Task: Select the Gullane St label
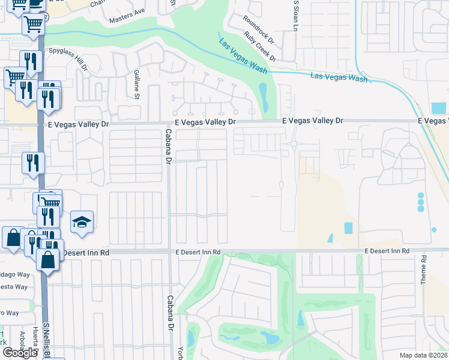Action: coord(137,84)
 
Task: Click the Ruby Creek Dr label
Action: coord(260,47)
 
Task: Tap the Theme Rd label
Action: coord(423,269)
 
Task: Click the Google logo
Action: coord(20,353)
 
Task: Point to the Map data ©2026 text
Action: coord(423,355)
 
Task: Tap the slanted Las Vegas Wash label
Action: coord(243,56)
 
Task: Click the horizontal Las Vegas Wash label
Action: coord(339,77)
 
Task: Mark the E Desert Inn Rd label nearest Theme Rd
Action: coord(387,250)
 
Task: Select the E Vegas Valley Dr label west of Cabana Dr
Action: coord(79,124)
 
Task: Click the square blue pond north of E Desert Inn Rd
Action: coord(348,228)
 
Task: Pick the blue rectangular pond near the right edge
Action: coord(439,109)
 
